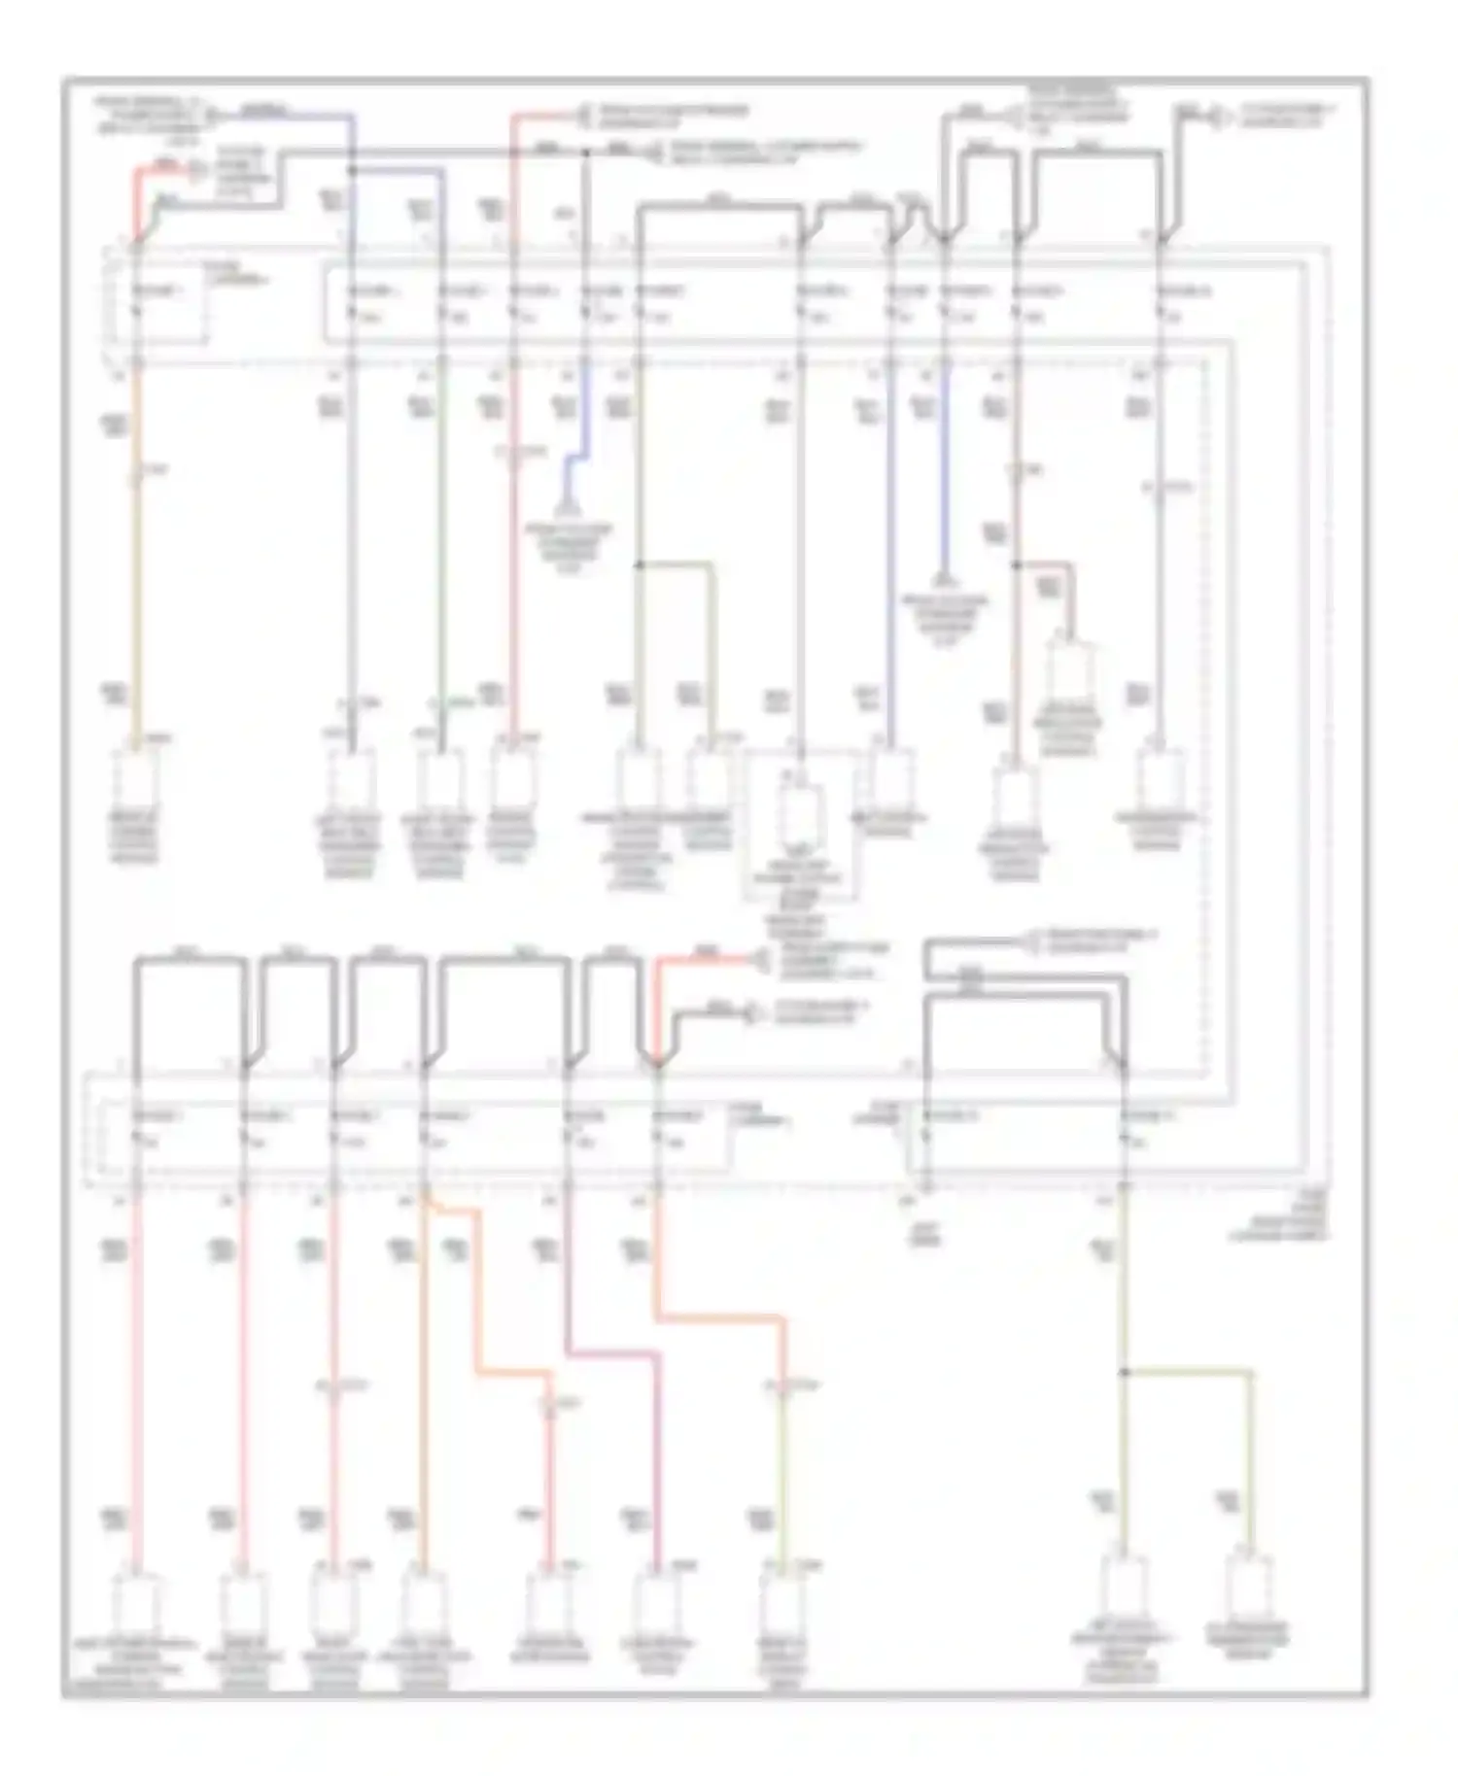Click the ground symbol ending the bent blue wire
tap(565, 510)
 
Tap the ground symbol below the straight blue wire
tap(941, 581)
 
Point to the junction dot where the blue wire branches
tap(352, 170)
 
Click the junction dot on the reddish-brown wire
tap(1017, 564)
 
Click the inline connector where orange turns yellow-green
tap(782, 1383)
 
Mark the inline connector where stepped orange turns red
tap(550, 1405)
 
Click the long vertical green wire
tap(440, 544)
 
